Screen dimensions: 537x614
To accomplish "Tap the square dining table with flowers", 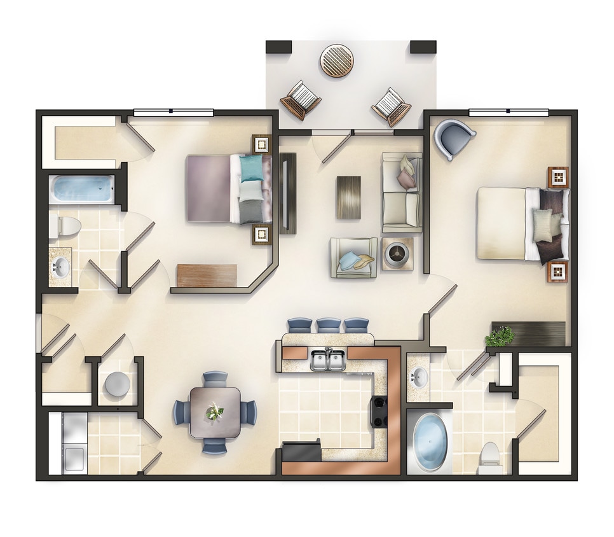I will coord(215,412).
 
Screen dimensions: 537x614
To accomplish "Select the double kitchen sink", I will coord(327,360).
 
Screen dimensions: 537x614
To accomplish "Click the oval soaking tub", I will coord(430,441).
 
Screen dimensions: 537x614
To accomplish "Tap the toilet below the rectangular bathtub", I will coord(67,225).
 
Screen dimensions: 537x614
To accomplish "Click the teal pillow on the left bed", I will coord(250,169).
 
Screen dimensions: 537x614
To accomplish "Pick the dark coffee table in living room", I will coord(348,197).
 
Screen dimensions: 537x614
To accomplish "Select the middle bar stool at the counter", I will coord(329,324).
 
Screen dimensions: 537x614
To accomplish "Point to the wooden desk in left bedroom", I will coord(207,275).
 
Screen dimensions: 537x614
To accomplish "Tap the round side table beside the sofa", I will coord(397,253).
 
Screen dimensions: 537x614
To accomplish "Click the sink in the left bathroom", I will coord(61,267).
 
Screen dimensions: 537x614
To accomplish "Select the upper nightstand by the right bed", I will coord(557,177).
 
